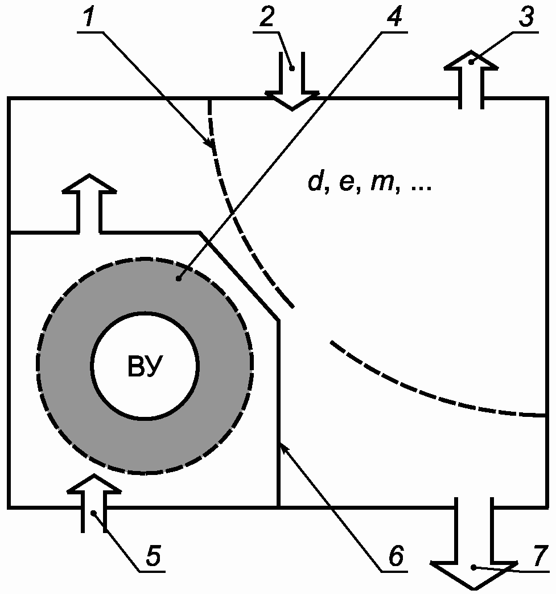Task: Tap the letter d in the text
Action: [x=315, y=183]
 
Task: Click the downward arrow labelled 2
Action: [x=292, y=83]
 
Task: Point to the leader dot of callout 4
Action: [x=180, y=279]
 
